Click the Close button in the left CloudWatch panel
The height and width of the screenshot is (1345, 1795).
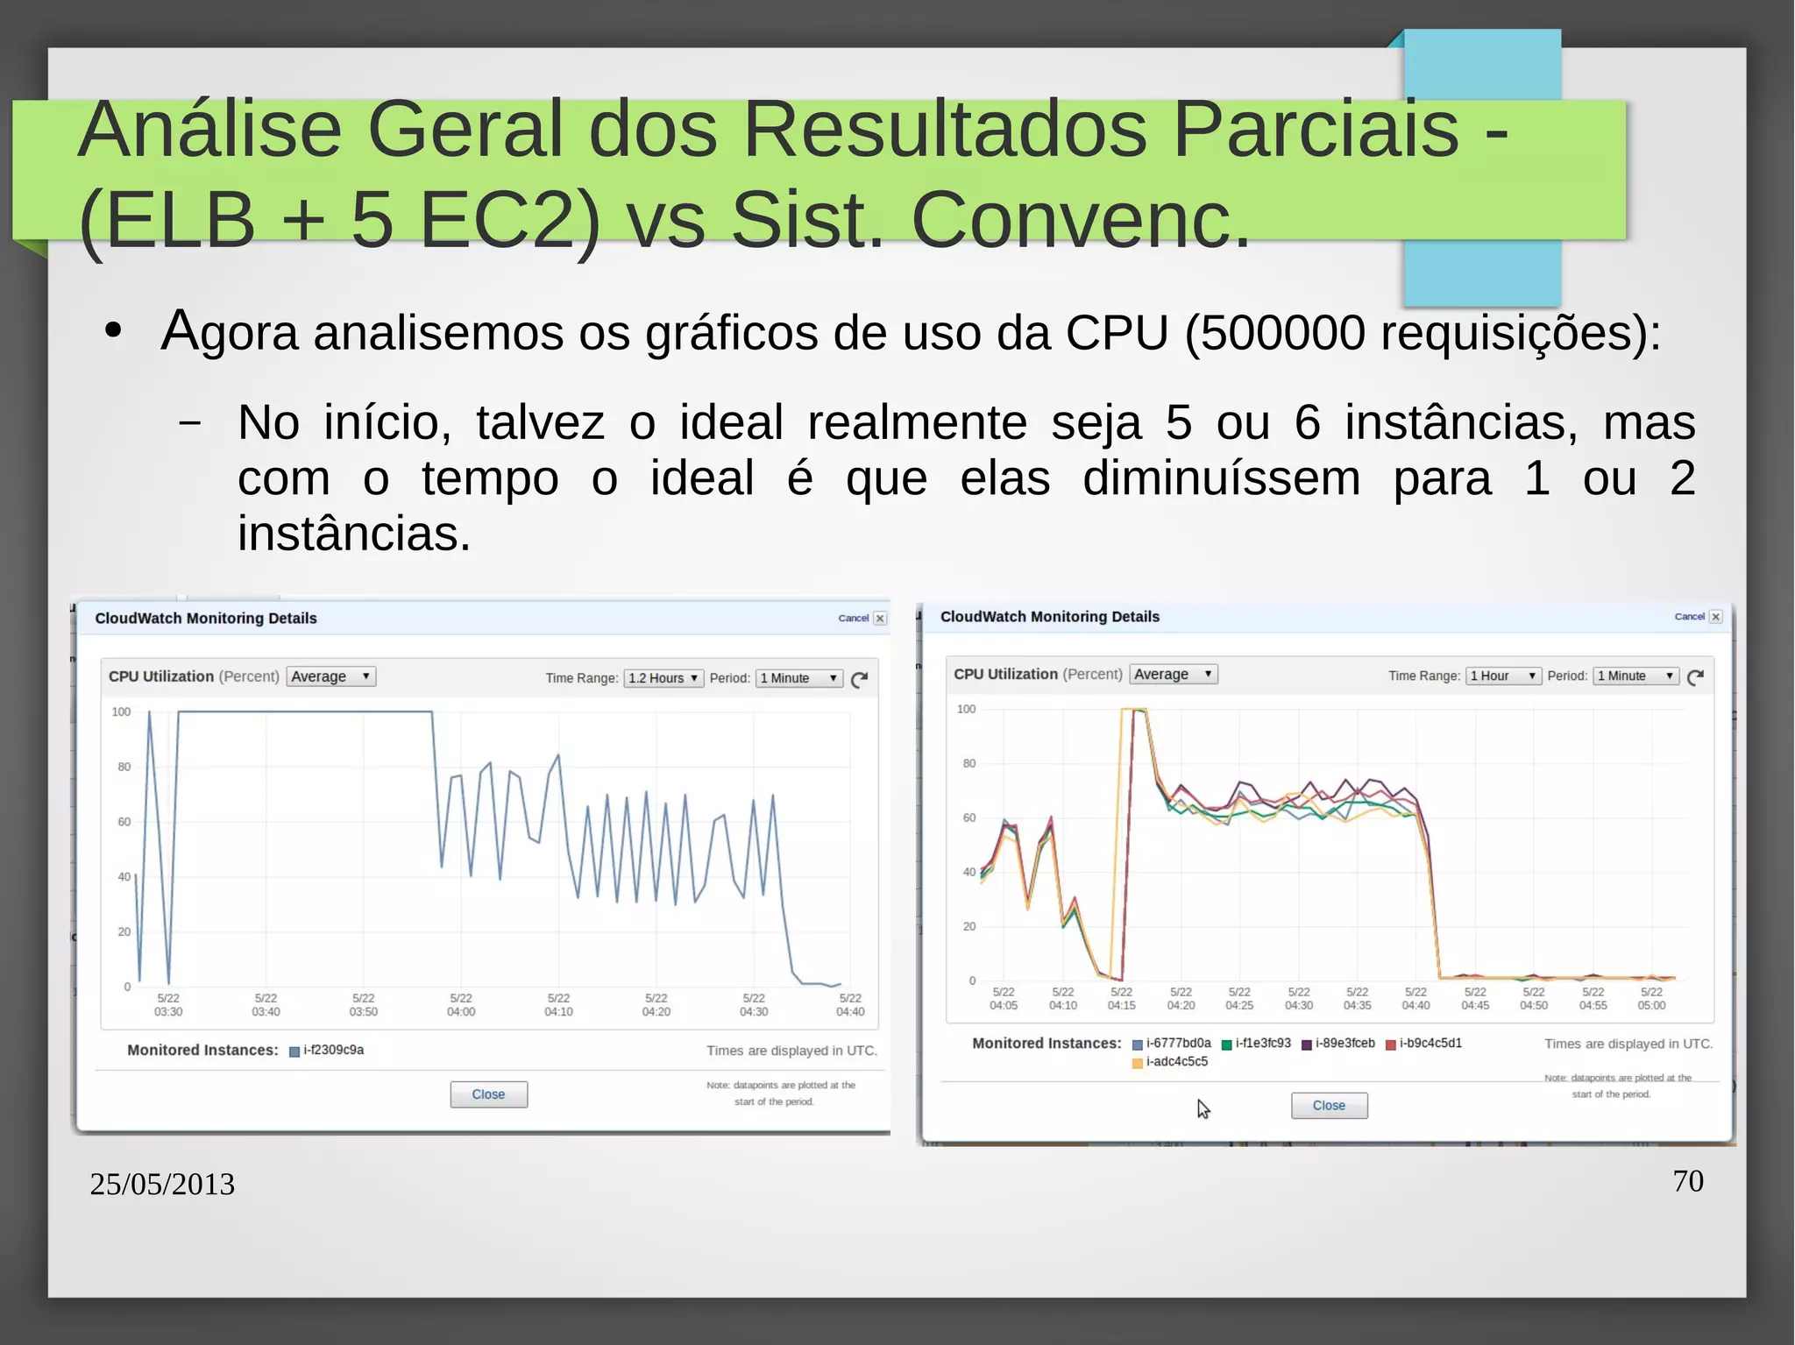pos(488,1094)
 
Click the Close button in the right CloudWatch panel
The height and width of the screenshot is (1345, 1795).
pos(1329,1106)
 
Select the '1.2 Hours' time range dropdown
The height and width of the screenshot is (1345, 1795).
pos(663,678)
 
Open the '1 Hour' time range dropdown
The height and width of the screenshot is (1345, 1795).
pos(1502,676)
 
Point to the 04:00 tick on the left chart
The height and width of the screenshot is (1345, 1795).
pos(461,1005)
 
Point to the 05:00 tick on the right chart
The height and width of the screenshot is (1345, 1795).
pos(1651,999)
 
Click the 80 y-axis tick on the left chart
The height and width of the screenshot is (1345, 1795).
pos(124,767)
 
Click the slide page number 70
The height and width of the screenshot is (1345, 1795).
pos(1688,1181)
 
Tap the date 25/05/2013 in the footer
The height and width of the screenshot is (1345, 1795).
pos(162,1185)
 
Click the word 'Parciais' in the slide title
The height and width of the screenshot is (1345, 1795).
pos(1316,129)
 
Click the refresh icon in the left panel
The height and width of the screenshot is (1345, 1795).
pos(860,679)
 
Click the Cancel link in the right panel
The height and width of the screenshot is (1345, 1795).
pos(1689,617)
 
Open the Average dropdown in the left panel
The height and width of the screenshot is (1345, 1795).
pos(330,676)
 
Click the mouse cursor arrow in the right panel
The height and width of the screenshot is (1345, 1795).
pos(1203,1109)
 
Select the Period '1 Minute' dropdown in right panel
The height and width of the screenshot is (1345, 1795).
pos(1635,676)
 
